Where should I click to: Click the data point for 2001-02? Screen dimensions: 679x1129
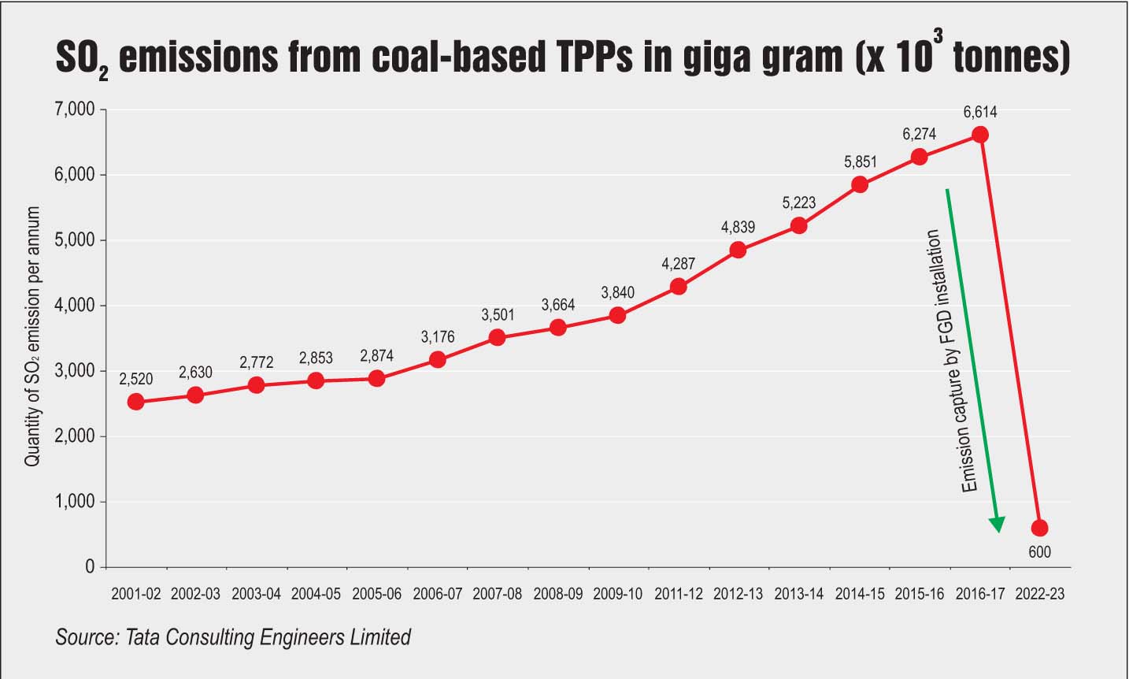[135, 402]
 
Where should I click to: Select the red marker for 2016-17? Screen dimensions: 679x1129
[979, 135]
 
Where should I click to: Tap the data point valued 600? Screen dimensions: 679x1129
[1039, 528]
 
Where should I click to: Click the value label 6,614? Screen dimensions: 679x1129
[979, 112]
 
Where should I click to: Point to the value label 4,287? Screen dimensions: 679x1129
[678, 265]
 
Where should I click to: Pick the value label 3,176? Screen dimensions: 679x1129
[437, 337]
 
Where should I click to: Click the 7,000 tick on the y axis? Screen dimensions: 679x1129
[74, 109]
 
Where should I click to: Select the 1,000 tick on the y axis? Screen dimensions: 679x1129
[74, 502]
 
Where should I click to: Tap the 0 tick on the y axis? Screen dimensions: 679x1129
[89, 567]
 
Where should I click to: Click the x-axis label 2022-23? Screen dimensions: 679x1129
[1039, 594]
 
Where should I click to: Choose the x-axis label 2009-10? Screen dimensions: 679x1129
[617, 594]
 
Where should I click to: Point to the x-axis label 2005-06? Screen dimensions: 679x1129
[376, 594]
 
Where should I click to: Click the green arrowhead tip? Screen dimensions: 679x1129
[998, 530]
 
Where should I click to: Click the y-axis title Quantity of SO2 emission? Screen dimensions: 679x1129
[32, 337]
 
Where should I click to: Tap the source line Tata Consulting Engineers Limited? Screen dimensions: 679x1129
[233, 636]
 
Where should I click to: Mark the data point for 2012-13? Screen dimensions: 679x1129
[738, 250]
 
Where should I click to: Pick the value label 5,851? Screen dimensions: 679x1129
[860, 162]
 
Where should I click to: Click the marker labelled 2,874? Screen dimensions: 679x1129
[376, 378]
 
